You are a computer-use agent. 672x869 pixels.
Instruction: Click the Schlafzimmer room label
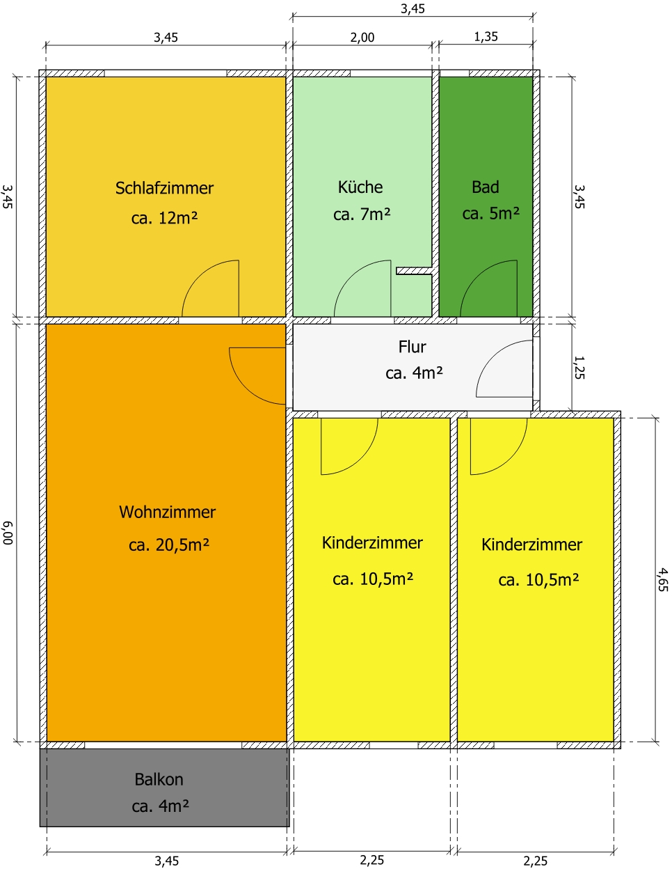(164, 188)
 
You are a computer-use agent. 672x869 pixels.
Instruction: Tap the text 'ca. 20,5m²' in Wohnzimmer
(168, 545)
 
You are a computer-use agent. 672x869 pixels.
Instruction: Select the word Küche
(360, 187)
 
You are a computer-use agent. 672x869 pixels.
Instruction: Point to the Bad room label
(485, 187)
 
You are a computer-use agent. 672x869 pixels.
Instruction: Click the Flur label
(412, 346)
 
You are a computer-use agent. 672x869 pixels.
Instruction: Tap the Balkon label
(159, 779)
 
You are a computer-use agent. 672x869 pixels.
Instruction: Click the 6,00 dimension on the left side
(8, 532)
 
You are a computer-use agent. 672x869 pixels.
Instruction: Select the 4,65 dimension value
(662, 579)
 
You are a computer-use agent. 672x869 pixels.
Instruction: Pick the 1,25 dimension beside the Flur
(579, 367)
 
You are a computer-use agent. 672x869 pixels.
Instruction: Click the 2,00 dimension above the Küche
(362, 37)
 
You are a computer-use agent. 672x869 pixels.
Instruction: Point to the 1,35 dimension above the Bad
(486, 36)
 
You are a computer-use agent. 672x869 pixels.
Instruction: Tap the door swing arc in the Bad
(477, 277)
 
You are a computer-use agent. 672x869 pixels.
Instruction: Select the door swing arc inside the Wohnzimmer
(246, 388)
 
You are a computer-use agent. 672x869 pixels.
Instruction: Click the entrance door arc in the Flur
(493, 357)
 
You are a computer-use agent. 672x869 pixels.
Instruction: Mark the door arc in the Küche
(351, 277)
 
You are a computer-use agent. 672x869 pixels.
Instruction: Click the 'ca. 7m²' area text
(362, 214)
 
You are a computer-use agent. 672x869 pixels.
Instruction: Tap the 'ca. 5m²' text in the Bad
(490, 213)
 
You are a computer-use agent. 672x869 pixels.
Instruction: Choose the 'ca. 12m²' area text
(164, 217)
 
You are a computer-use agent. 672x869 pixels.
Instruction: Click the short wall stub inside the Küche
(414, 271)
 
